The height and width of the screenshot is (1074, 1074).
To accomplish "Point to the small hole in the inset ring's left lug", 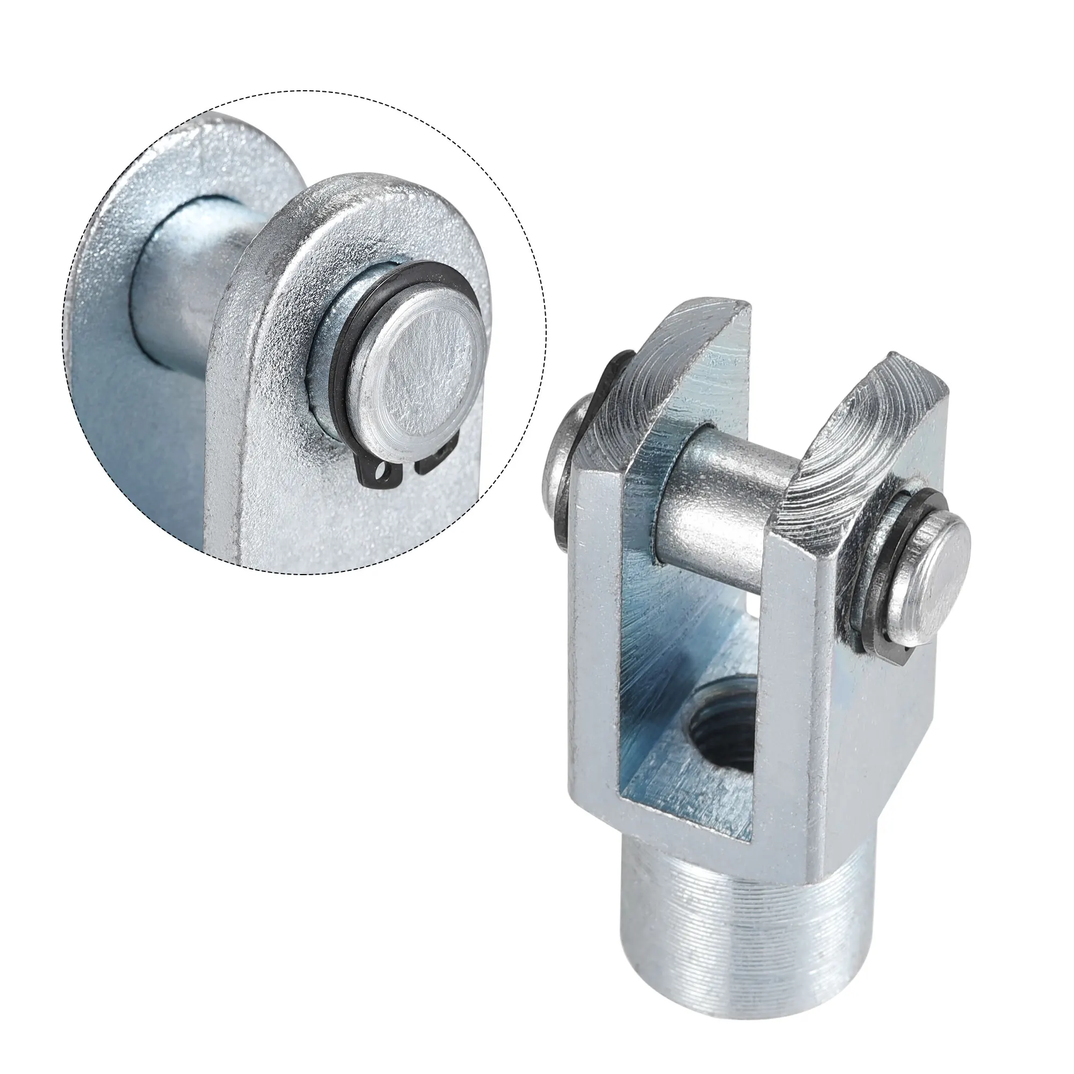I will tap(380, 460).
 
